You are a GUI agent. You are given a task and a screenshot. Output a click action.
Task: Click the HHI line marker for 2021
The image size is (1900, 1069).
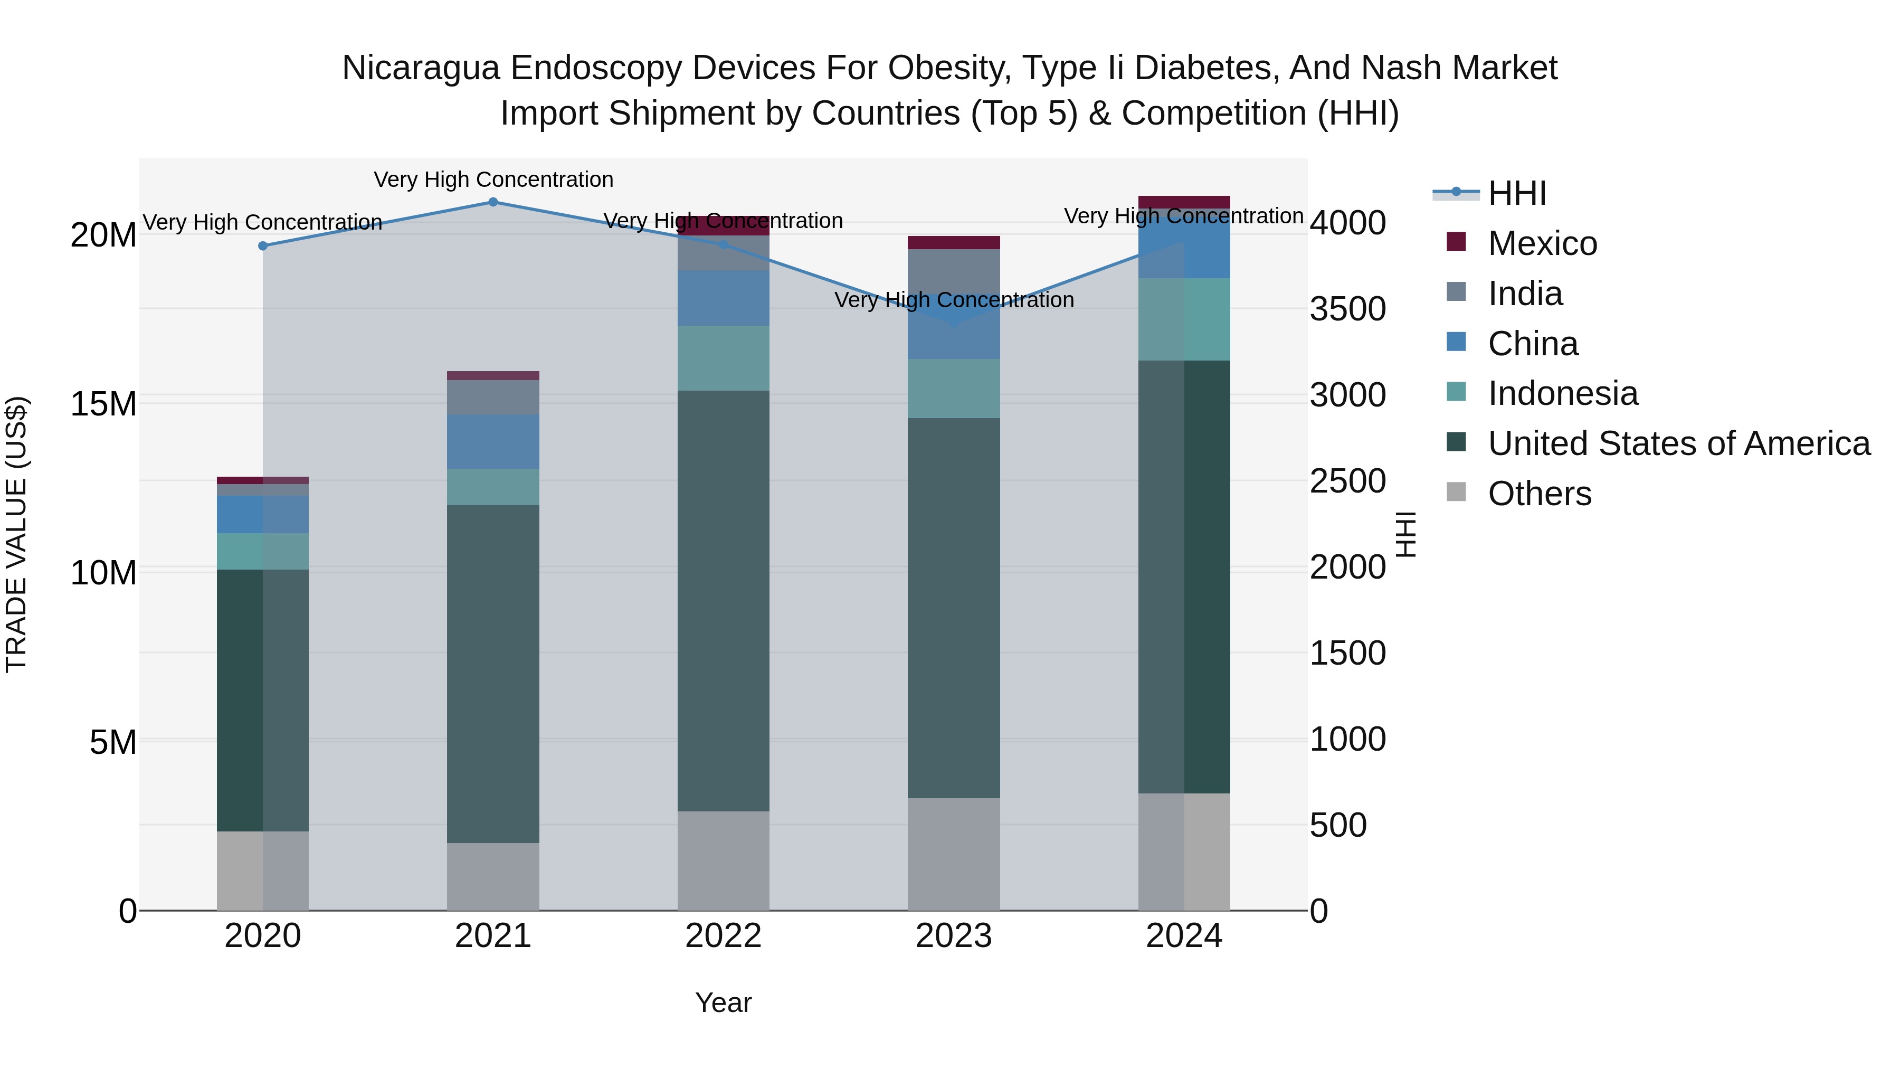pyautogui.click(x=493, y=202)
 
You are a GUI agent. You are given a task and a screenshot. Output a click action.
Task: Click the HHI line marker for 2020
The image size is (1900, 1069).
pyautogui.click(x=263, y=245)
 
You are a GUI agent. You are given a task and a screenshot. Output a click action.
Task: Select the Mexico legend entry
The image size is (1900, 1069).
pyautogui.click(x=1542, y=243)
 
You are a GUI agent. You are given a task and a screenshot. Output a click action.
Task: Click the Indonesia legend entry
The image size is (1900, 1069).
pyautogui.click(x=1562, y=393)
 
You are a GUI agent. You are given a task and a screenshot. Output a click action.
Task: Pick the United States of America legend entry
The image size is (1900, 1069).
pyautogui.click(x=1678, y=443)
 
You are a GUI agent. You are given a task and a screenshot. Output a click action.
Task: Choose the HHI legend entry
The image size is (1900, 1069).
pyautogui.click(x=1516, y=193)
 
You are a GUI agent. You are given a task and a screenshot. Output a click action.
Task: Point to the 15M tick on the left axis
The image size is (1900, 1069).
pyautogui.click(x=103, y=404)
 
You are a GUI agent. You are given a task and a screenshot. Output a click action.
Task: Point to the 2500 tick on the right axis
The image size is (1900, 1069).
pyautogui.click(x=1347, y=481)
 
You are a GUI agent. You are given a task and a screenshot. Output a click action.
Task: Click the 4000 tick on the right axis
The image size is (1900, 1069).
pyautogui.click(x=1347, y=223)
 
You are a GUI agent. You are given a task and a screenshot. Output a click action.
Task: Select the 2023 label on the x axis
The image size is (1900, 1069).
pyautogui.click(x=953, y=936)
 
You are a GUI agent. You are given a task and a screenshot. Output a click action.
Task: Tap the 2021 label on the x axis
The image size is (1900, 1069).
pyautogui.click(x=493, y=936)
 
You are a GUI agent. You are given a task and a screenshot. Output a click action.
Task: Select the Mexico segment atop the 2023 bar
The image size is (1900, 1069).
pyautogui.click(x=953, y=243)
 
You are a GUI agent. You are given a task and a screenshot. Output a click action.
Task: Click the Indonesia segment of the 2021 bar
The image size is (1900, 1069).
pyautogui.click(x=493, y=487)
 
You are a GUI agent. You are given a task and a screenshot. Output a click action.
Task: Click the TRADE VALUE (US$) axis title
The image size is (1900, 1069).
pyautogui.click(x=16, y=534)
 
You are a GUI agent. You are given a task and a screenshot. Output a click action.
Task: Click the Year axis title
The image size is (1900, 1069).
pyautogui.click(x=723, y=1002)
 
